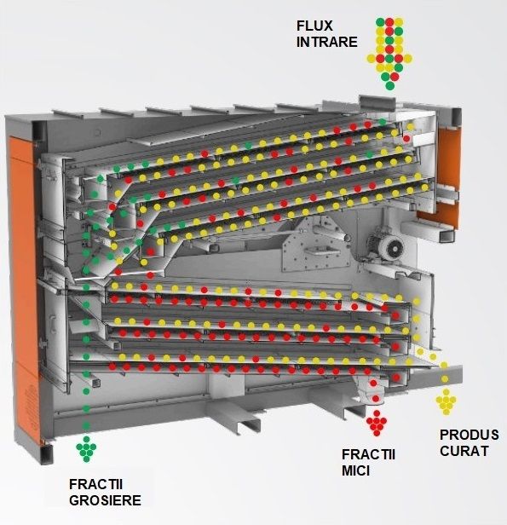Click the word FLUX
click(x=314, y=26)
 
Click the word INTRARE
click(x=327, y=43)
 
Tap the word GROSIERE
click(x=105, y=500)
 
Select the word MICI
click(x=355, y=470)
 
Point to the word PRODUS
click(x=470, y=435)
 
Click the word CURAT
click(x=464, y=451)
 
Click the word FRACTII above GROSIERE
click(x=95, y=484)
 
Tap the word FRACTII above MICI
click(x=368, y=455)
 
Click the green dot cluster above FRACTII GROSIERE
click(x=86, y=449)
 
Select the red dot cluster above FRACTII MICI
click(x=377, y=424)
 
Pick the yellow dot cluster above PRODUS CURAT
click(x=447, y=401)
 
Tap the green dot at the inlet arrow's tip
click(x=389, y=86)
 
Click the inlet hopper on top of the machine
click(x=377, y=101)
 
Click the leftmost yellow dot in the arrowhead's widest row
click(x=372, y=59)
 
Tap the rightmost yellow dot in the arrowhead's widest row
click(x=407, y=59)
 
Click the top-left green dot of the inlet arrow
click(x=380, y=22)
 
